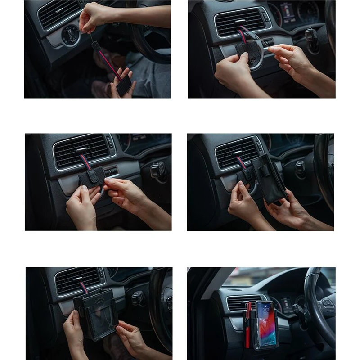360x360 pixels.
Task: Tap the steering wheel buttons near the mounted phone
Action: pyautogui.click(x=327, y=303)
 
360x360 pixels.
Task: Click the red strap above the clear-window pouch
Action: pyautogui.click(x=84, y=287)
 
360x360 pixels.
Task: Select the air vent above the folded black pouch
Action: pyautogui.click(x=237, y=152)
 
